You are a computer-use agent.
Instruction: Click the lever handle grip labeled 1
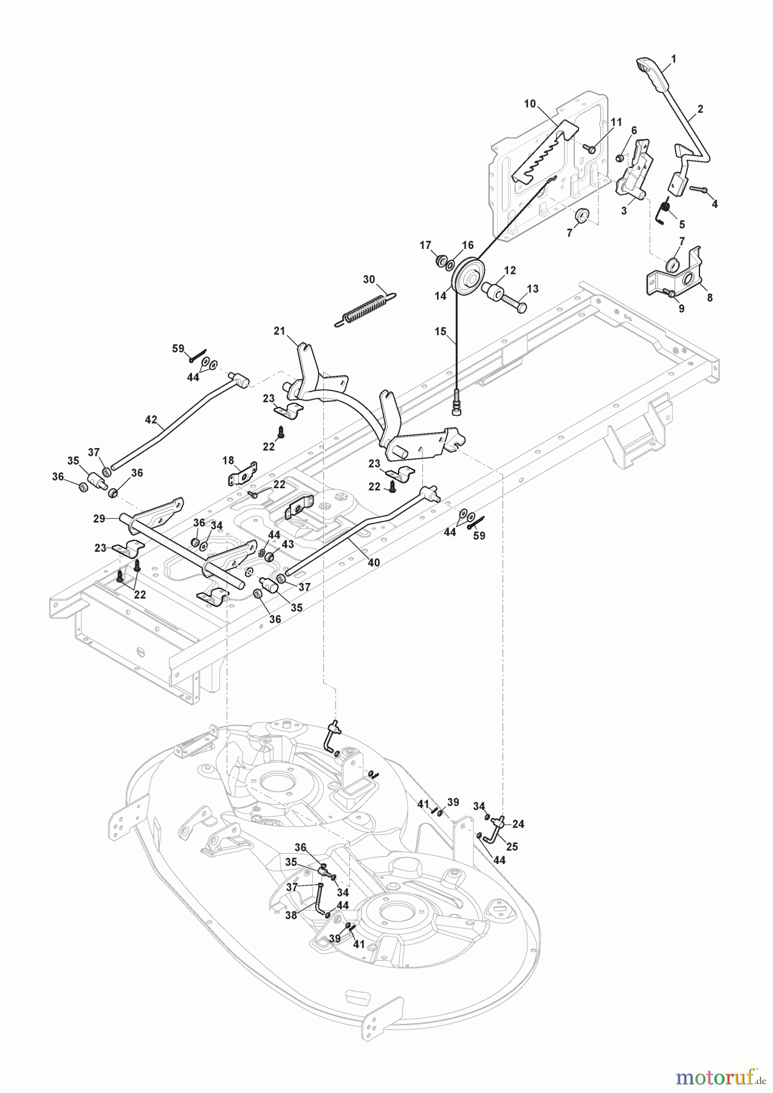[653, 73]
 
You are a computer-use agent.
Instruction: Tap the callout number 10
[530, 104]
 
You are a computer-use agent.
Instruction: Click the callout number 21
[280, 331]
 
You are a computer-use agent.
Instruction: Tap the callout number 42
[151, 420]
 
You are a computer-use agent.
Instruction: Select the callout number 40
[374, 563]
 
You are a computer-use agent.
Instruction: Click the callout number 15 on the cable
[440, 332]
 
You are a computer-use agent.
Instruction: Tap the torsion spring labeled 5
[664, 214]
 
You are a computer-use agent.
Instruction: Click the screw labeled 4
[697, 190]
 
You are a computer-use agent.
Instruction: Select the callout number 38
[291, 915]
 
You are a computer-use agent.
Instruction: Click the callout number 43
[287, 545]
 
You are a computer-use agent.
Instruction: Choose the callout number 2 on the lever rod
[700, 109]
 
